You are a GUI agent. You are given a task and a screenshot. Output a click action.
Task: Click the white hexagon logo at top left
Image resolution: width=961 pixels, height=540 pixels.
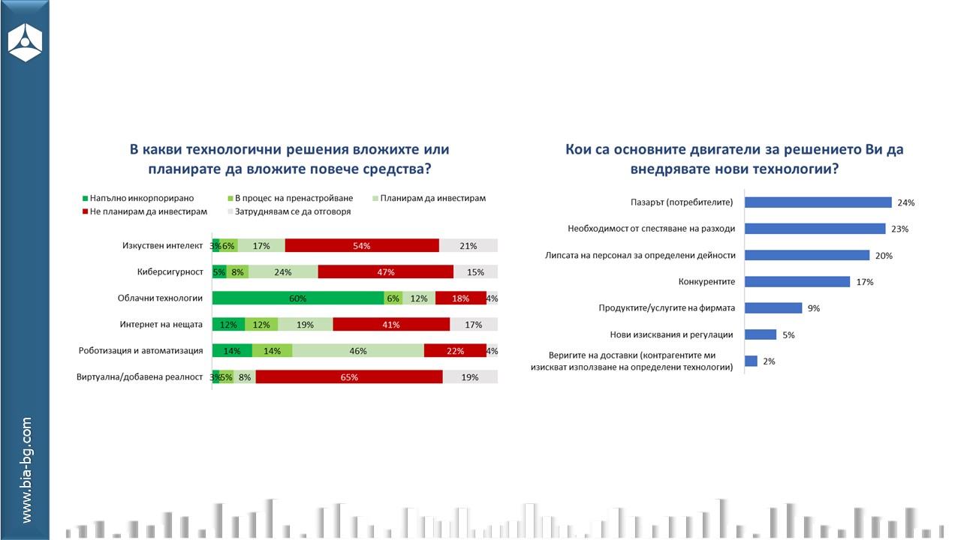click(25, 42)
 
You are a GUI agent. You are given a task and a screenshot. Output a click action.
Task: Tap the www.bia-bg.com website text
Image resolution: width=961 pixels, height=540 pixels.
click(26, 470)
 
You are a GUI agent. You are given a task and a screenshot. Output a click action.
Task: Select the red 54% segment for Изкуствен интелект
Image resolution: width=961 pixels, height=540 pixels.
click(362, 245)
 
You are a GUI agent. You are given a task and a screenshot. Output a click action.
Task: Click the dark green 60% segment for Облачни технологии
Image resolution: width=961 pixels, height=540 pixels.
click(297, 298)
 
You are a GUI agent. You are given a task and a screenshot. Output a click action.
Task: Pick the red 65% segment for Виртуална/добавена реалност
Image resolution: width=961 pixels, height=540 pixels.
click(349, 377)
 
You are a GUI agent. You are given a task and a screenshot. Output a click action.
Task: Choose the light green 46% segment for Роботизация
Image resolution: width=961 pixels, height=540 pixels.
click(358, 351)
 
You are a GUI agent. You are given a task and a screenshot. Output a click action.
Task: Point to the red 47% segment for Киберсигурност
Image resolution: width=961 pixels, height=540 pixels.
click(385, 271)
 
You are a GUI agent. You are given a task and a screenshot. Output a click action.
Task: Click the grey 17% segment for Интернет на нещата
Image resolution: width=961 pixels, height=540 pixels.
click(474, 324)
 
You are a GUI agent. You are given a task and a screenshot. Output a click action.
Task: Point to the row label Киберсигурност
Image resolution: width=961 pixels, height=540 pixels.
click(170, 271)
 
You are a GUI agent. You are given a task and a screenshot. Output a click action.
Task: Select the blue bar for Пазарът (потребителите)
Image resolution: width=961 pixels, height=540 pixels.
click(818, 202)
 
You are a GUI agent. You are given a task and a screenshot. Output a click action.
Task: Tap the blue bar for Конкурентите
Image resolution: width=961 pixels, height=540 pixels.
click(797, 282)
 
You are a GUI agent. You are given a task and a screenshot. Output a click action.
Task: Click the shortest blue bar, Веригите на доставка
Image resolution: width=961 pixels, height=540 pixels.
click(751, 361)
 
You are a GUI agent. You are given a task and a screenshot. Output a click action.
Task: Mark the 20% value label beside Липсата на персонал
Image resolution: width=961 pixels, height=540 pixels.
click(884, 256)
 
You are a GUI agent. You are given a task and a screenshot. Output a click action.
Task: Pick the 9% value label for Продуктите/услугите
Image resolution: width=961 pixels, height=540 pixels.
click(814, 308)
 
